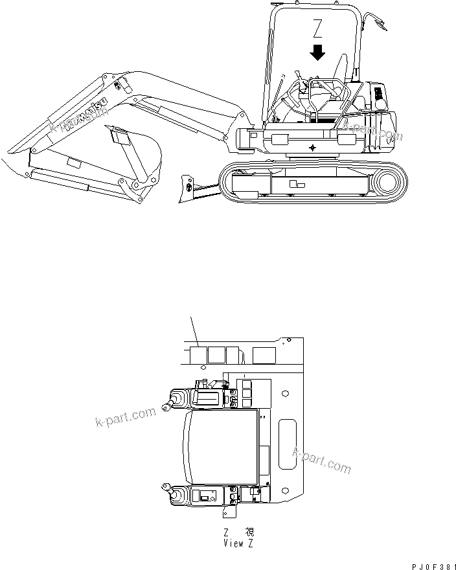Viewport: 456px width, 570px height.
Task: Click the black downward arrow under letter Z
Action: [x=317, y=52]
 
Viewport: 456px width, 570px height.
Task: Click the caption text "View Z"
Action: [x=237, y=543]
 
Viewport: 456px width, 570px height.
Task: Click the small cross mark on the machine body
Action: [x=314, y=148]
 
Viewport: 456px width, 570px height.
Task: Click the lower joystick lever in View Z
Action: [x=176, y=495]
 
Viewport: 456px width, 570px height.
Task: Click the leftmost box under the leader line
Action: [x=197, y=354]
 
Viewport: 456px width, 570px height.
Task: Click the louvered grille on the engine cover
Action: [x=378, y=97]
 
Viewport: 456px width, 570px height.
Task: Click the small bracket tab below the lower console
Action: [x=229, y=512]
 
